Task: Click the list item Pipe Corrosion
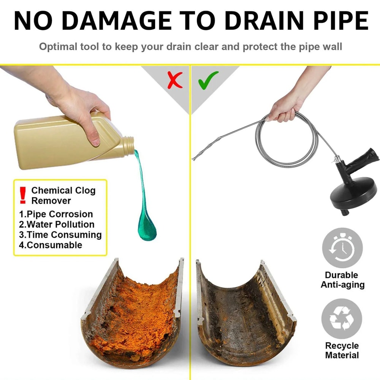[56, 214]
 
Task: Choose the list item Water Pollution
[57, 224]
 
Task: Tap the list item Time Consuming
[60, 235]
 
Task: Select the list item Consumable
[51, 245]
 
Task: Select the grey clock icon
[342, 248]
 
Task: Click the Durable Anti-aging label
[342, 280]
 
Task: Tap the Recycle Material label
[342, 350]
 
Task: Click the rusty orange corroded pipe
[133, 312]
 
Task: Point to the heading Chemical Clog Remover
[63, 195]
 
